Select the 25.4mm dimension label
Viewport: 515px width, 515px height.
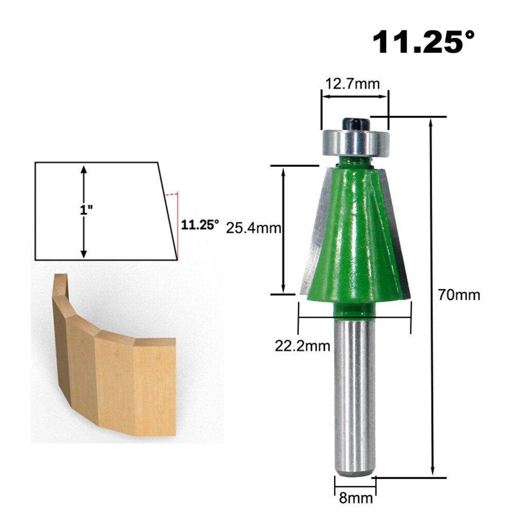(253, 228)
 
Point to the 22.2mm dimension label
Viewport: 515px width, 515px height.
(302, 346)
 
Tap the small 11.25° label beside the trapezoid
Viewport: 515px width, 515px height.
(200, 225)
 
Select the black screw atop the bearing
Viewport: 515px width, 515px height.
(355, 123)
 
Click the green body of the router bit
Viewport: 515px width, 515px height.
(355, 237)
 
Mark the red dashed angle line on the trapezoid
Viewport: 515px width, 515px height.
(176, 221)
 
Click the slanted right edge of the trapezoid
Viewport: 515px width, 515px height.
(168, 211)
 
